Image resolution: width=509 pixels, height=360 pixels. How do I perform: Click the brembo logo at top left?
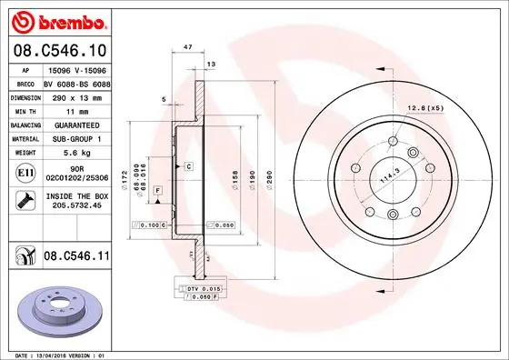pos(57,20)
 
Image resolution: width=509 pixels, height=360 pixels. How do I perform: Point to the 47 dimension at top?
pos(186,45)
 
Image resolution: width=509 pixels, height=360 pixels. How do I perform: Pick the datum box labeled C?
pos(188,166)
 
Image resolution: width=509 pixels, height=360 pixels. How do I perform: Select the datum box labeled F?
pos(157,188)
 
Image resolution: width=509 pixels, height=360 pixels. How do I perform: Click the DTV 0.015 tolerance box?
pos(203,288)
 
